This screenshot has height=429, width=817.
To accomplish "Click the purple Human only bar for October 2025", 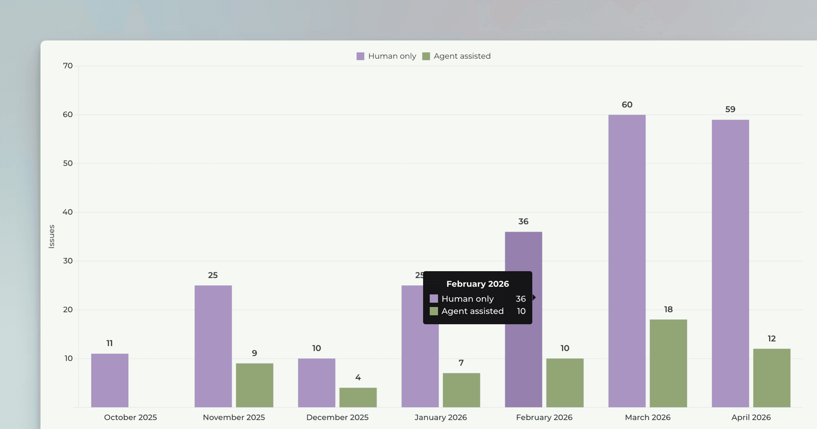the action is [110, 380].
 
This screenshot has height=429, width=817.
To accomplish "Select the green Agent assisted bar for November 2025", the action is [255, 385].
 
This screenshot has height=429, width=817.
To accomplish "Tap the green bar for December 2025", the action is [358, 398].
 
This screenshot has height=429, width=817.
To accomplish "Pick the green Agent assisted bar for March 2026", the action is [668, 363].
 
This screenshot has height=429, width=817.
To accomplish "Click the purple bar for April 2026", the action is [730, 264].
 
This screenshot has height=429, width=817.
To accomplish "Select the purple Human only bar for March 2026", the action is [627, 261].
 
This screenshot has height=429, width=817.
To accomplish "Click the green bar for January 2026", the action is [461, 390].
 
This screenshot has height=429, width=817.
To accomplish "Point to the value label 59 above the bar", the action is [730, 109].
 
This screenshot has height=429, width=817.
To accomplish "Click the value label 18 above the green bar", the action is [668, 309].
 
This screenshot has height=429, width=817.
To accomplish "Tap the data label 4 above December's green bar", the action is [358, 377].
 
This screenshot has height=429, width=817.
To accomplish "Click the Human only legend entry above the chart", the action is [386, 56].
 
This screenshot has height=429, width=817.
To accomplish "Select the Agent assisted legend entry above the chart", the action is [456, 56].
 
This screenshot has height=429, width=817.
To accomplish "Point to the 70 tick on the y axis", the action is [68, 66].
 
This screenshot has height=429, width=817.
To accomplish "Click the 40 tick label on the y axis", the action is [68, 212].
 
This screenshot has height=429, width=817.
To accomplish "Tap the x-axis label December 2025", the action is [337, 417].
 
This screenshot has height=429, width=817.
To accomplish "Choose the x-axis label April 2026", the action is [751, 417].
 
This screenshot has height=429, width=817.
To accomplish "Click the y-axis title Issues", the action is [51, 236].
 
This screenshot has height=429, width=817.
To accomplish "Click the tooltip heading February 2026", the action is [478, 284].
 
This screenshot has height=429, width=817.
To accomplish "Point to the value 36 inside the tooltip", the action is [521, 299].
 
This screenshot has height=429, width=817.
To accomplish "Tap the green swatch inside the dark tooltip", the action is [434, 311].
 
